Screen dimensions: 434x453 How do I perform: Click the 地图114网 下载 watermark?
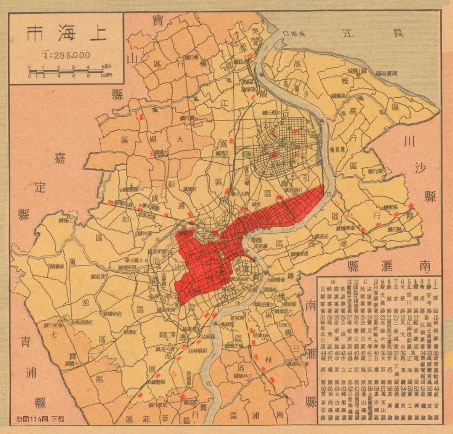coord(40,419)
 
